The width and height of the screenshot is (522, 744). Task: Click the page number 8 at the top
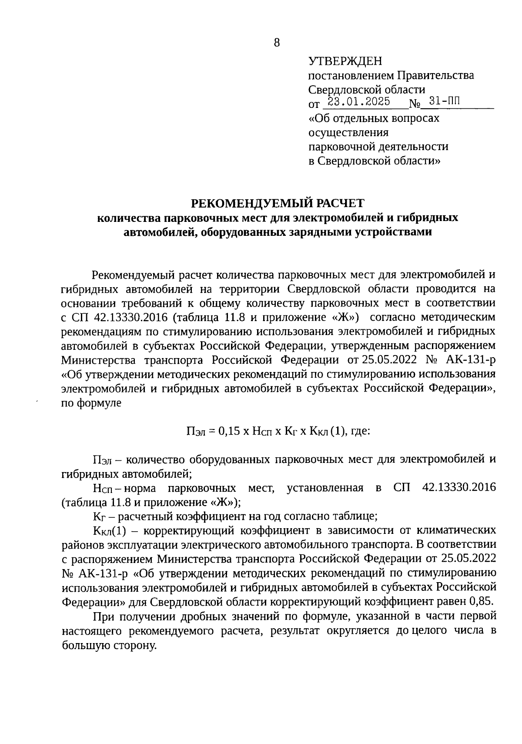point(278,43)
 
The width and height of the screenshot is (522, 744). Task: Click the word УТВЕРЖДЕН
point(345,61)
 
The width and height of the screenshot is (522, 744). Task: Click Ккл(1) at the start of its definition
point(109,531)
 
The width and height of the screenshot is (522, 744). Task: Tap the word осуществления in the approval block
point(348,132)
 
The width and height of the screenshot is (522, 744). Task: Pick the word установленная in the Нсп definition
point(325,488)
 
